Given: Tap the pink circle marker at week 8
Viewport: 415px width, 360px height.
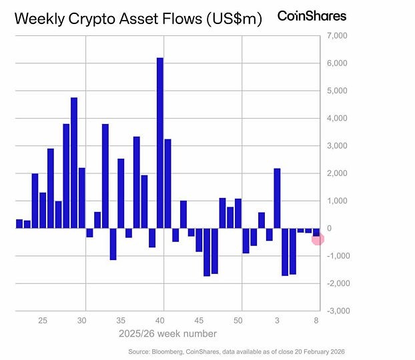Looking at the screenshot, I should [318, 238].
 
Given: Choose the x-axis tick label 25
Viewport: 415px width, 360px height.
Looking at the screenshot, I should [43, 321].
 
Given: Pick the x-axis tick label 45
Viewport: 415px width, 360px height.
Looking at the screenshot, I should [199, 321].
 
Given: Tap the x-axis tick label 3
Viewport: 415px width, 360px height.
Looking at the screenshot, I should [278, 321].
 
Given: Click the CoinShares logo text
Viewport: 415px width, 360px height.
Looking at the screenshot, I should [312, 16].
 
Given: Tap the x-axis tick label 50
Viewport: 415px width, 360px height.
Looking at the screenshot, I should [238, 321].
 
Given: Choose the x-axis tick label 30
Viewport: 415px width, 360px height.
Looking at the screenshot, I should [81, 321].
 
